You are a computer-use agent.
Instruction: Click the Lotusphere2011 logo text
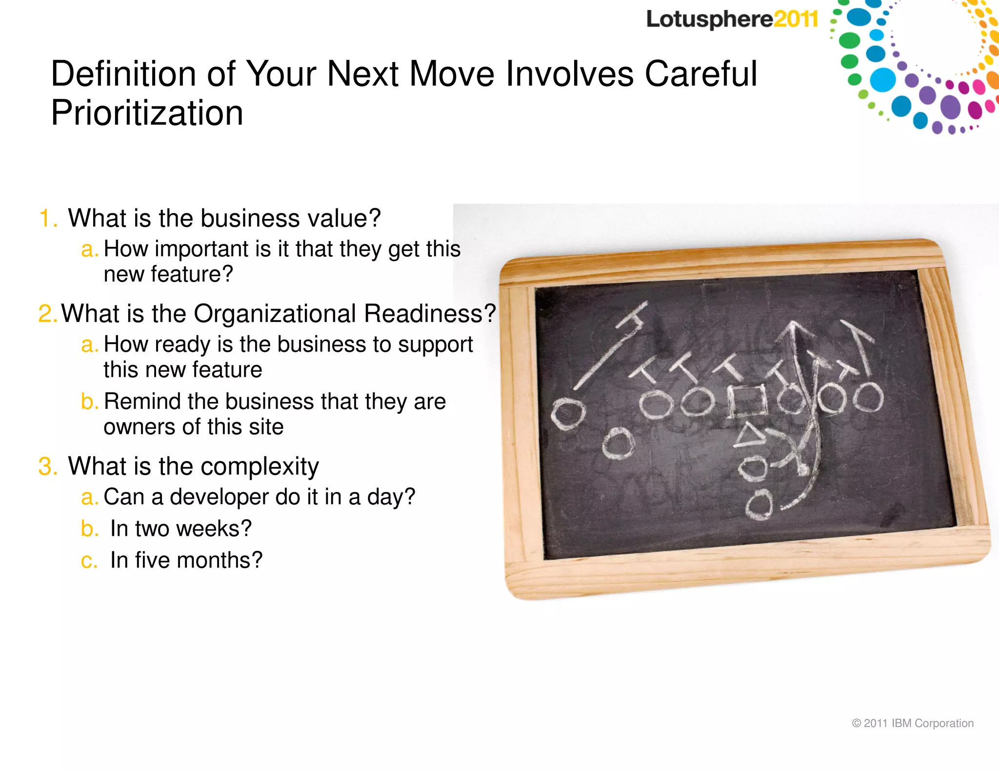tap(732, 20)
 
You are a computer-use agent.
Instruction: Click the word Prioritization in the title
tap(147, 113)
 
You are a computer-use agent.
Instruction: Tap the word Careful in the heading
tap(701, 74)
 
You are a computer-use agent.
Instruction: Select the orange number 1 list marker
tap(47, 218)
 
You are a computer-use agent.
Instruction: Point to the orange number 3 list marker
tap(47, 467)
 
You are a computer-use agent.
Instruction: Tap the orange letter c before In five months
tap(89, 560)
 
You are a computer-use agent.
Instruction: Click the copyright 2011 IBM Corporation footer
tap(912, 723)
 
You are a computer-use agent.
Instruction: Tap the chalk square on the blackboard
tap(746, 401)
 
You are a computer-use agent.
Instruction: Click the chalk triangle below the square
tap(750, 436)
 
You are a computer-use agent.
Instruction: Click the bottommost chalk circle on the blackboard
tap(759, 505)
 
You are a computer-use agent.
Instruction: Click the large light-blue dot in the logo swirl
tap(883, 80)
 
